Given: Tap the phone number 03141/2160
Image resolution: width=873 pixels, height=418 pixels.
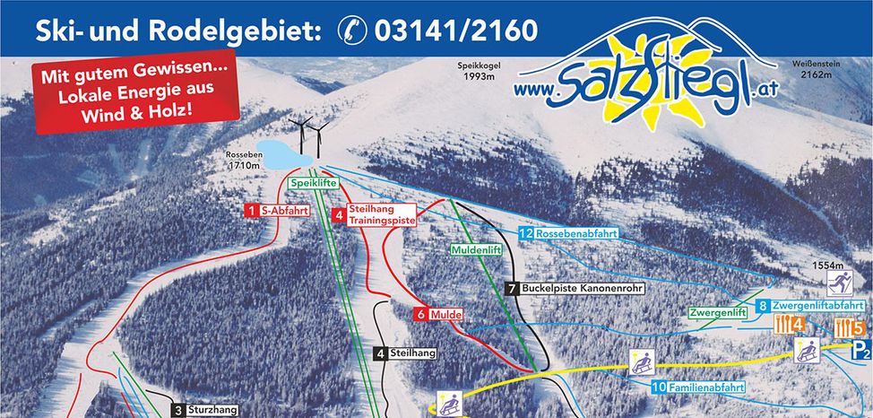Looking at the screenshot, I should [457, 30].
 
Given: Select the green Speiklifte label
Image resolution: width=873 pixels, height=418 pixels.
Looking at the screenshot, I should [312, 182].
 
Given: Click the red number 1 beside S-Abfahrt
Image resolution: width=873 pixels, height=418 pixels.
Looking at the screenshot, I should [251, 211].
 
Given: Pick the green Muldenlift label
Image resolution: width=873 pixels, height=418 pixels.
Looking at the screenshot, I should [475, 249].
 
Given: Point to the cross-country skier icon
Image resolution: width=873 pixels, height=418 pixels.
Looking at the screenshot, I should [839, 284].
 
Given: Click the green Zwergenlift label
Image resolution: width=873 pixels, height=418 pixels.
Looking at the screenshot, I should [718, 313].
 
